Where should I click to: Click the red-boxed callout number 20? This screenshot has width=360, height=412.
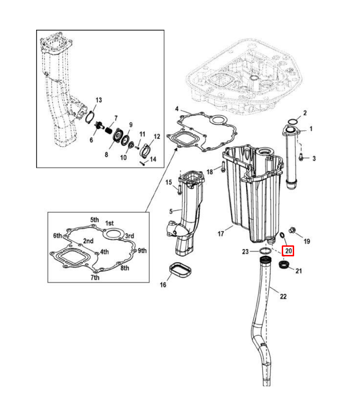tap(288, 251)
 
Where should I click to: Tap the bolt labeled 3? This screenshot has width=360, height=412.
tap(301, 157)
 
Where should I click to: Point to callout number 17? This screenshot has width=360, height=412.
tap(221, 233)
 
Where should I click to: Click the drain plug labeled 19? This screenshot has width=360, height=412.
tap(292, 230)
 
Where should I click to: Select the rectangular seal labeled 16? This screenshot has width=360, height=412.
tap(180, 271)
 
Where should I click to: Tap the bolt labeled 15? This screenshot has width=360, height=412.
tap(179, 190)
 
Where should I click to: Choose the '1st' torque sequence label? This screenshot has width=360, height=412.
tap(109, 223)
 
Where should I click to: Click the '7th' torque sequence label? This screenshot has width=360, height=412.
tap(95, 277)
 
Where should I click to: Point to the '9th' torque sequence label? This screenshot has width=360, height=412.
tap(142, 250)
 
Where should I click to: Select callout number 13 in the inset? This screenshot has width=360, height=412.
tap(98, 100)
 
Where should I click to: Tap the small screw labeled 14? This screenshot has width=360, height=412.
tap(143, 163)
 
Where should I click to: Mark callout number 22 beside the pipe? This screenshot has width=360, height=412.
tap(283, 296)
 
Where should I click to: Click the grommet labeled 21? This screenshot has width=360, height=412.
tap(284, 265)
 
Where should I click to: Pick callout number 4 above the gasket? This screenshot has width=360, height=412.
tap(177, 109)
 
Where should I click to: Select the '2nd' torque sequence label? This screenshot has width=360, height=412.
tap(88, 241)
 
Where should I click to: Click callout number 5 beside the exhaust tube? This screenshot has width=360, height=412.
tap(171, 211)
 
